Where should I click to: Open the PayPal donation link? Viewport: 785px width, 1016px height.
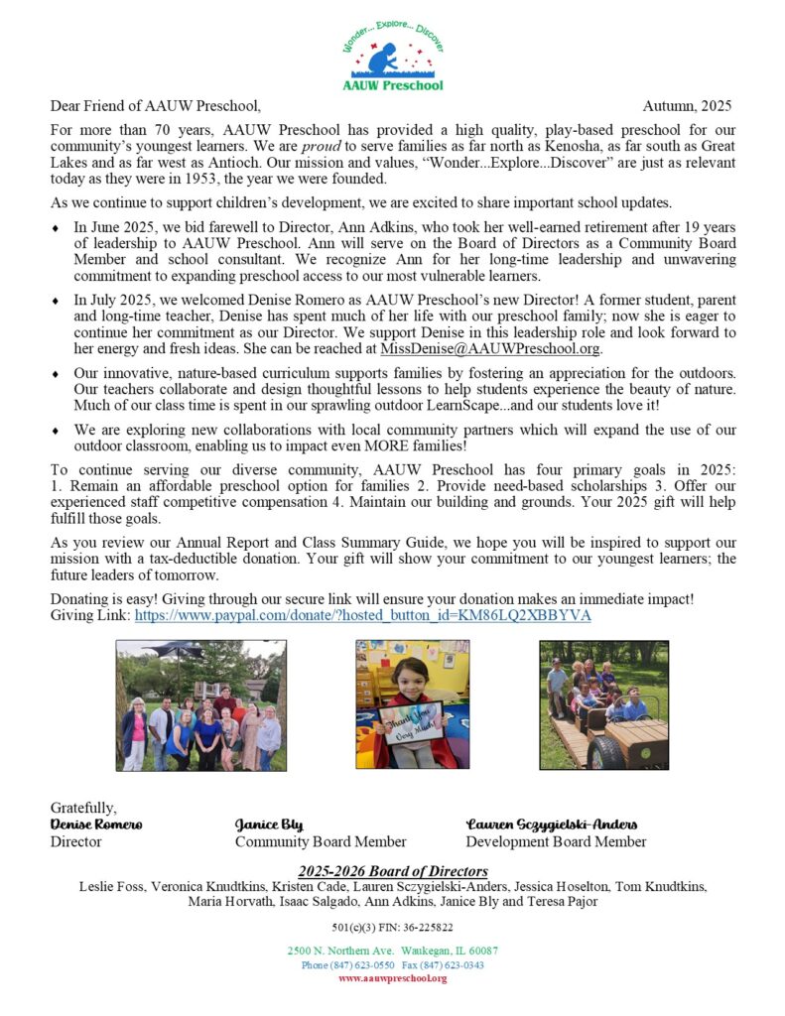click(x=362, y=615)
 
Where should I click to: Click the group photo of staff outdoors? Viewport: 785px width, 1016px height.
click(x=200, y=705)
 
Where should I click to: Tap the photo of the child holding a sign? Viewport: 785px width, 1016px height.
click(x=406, y=705)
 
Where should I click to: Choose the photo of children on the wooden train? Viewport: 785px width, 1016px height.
click(x=603, y=705)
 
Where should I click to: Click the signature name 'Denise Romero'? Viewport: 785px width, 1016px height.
click(x=96, y=825)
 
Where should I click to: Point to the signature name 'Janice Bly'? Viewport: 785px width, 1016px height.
click(x=269, y=825)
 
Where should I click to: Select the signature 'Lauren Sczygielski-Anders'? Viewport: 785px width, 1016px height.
click(x=552, y=825)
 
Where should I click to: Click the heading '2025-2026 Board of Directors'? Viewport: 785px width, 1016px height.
click(x=392, y=871)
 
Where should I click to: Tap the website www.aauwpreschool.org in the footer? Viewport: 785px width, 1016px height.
click(x=392, y=978)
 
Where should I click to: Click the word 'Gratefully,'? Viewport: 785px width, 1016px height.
click(x=83, y=808)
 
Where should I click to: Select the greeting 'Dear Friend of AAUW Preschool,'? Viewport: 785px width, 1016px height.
click(x=156, y=106)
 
